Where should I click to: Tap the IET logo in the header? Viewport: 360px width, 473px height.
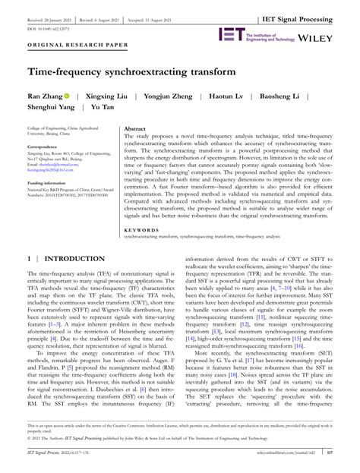[230, 35]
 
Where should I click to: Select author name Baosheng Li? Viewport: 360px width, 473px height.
[287, 98]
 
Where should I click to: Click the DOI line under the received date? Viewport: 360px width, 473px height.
[52, 17]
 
